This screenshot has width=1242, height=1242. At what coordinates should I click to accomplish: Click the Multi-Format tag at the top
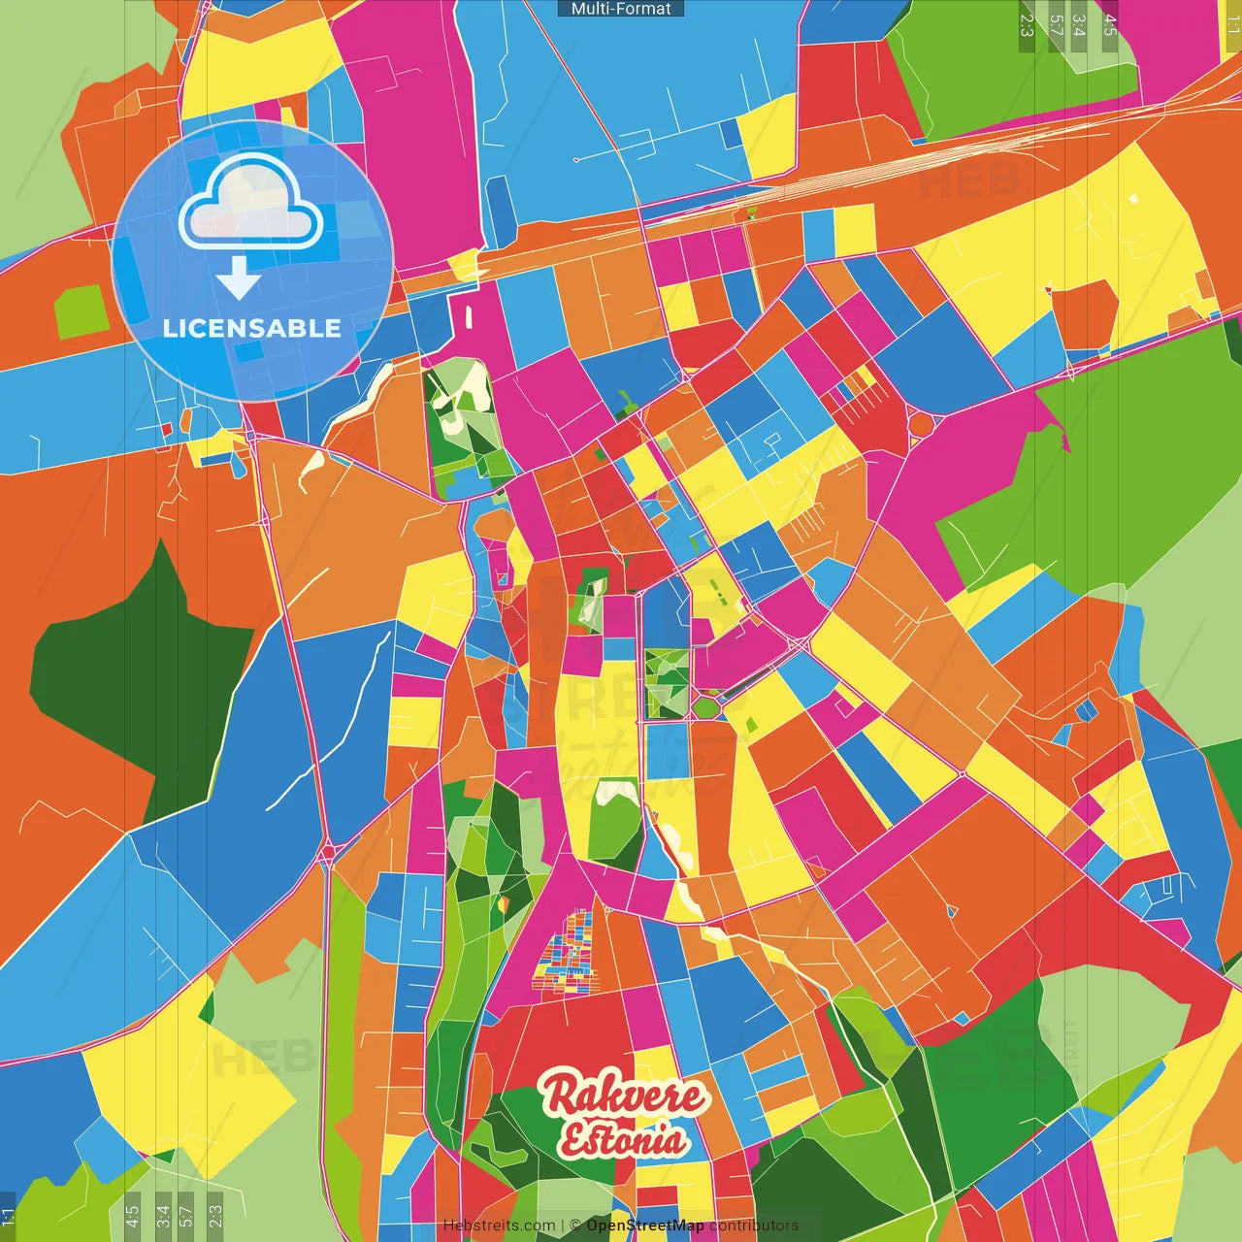[x=621, y=9]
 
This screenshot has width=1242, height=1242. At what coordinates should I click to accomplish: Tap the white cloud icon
[x=251, y=201]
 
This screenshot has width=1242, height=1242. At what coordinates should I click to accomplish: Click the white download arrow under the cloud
[x=239, y=278]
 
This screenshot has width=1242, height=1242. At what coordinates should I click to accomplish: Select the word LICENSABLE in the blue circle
[x=252, y=328]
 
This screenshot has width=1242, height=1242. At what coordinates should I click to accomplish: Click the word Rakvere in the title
[x=623, y=1095]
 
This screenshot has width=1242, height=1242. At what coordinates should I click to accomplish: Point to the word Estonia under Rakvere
[x=622, y=1140]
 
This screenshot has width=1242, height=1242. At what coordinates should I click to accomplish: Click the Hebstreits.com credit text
[x=499, y=1226]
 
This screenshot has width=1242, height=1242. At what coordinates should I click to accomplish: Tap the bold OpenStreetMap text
[x=645, y=1226]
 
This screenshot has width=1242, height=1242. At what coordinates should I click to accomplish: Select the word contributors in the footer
[x=753, y=1226]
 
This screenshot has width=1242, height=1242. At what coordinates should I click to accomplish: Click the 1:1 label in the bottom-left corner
[x=9, y=1217]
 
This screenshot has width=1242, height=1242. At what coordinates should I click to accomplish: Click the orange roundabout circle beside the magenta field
[x=920, y=425]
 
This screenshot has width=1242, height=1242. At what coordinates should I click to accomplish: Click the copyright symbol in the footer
[x=575, y=1226]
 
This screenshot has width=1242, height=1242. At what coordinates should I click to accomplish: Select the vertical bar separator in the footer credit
[x=563, y=1226]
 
